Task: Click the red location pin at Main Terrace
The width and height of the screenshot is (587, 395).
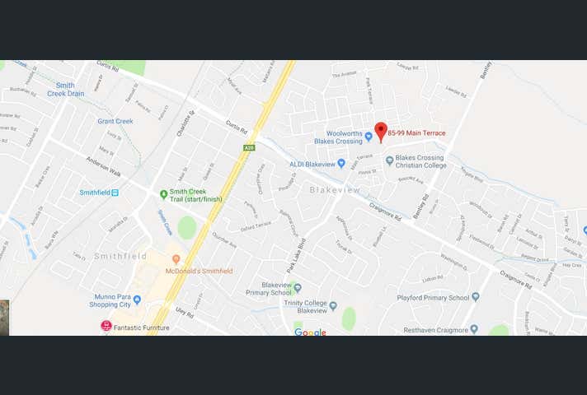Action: coord(380,131)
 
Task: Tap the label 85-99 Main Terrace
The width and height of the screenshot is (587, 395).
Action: coord(417,133)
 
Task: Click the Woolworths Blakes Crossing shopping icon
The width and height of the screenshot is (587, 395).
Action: coord(369,137)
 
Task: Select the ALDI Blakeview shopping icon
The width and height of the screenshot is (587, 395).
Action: coord(341,163)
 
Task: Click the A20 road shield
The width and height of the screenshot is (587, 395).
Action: coord(248,147)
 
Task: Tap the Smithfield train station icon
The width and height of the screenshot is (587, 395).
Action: coord(115,193)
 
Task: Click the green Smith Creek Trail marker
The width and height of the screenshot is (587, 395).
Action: coord(163,195)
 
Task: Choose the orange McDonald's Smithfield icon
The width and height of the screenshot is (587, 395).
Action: coord(176,259)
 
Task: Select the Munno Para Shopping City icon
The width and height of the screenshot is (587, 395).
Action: coord(137,300)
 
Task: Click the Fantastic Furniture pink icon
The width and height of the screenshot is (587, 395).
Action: coord(106,326)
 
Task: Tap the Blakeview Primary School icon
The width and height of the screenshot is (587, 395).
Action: coord(297,287)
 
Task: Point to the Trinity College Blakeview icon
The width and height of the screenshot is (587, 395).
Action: coord(333,305)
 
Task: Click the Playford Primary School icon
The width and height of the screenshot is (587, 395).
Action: coord(475,297)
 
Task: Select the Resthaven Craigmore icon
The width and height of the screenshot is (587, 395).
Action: coord(473,328)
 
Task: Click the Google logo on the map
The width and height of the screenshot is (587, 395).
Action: coord(310,332)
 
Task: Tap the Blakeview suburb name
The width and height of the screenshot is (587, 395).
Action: coord(335,190)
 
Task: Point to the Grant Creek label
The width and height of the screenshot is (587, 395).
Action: coord(115,121)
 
